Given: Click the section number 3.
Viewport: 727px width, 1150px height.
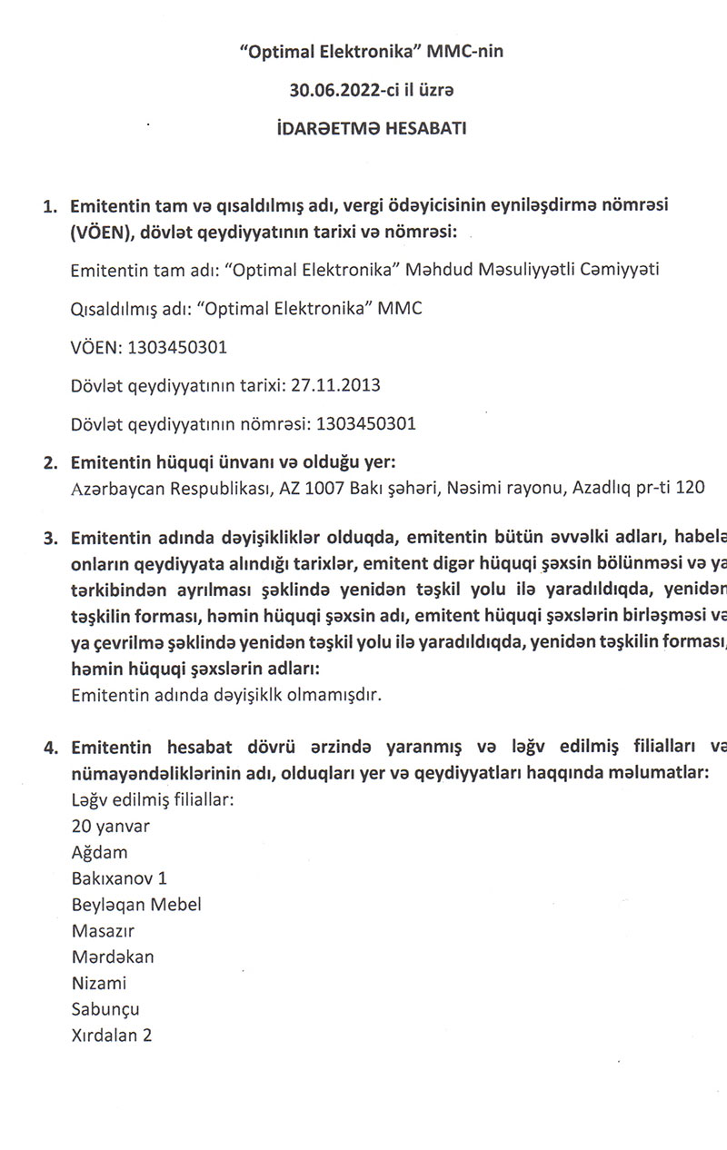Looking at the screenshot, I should point(50,537).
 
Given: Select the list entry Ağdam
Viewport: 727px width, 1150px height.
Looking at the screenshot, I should point(99,852).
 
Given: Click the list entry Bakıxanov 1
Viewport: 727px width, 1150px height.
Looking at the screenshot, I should point(119,878).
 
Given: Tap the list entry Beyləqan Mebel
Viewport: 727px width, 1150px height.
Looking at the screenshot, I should point(136,905).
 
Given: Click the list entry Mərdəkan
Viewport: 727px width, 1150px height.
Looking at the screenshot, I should point(113,957).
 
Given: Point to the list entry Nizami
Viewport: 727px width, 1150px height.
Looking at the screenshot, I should point(98,983).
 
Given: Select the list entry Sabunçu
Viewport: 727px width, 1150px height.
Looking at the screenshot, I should point(105,1009).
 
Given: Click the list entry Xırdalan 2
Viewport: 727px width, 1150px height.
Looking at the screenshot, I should point(111,1036).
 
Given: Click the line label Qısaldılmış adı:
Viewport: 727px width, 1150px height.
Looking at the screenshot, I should point(134,309).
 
